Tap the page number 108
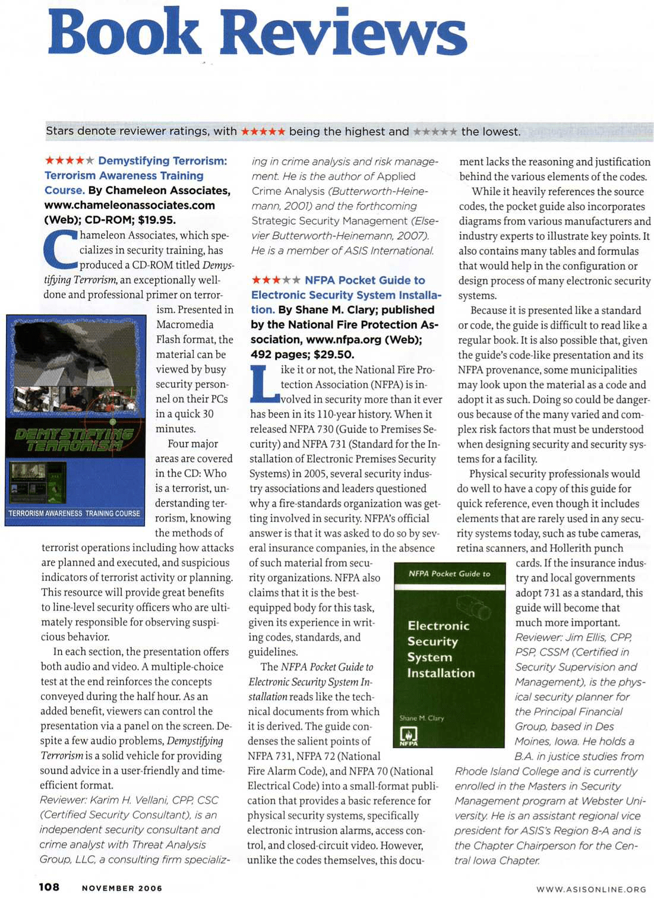(49, 887)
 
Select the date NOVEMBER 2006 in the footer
(122, 888)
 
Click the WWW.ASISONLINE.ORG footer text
(591, 889)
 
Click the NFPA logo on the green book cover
(409, 736)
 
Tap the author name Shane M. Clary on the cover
(422, 718)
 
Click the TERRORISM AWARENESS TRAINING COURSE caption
(74, 513)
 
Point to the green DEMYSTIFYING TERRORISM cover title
(74, 439)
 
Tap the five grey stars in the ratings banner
(435, 131)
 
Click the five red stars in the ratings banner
(263, 131)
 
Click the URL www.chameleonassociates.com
(129, 205)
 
